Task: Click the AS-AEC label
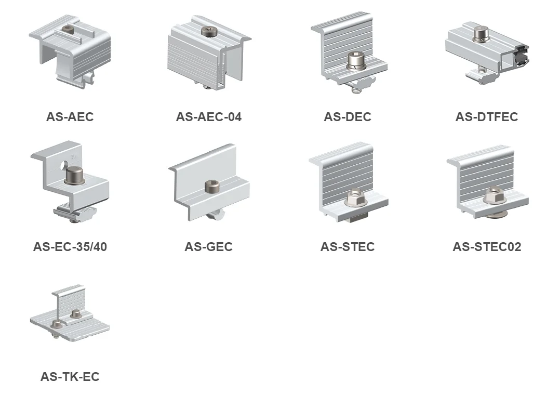tap(70, 117)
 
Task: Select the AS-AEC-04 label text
tap(208, 117)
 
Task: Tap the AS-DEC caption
tap(347, 117)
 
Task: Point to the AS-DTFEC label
tap(486, 117)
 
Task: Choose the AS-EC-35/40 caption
tap(70, 246)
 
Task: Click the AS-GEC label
tap(208, 246)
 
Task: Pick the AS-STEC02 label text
tap(486, 246)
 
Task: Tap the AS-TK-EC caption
tap(70, 376)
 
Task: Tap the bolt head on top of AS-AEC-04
tap(209, 32)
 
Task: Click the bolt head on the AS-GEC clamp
tap(211, 186)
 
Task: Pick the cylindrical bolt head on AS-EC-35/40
tap(73, 175)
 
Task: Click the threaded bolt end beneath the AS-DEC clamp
tap(356, 89)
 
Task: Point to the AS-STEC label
tap(347, 246)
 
